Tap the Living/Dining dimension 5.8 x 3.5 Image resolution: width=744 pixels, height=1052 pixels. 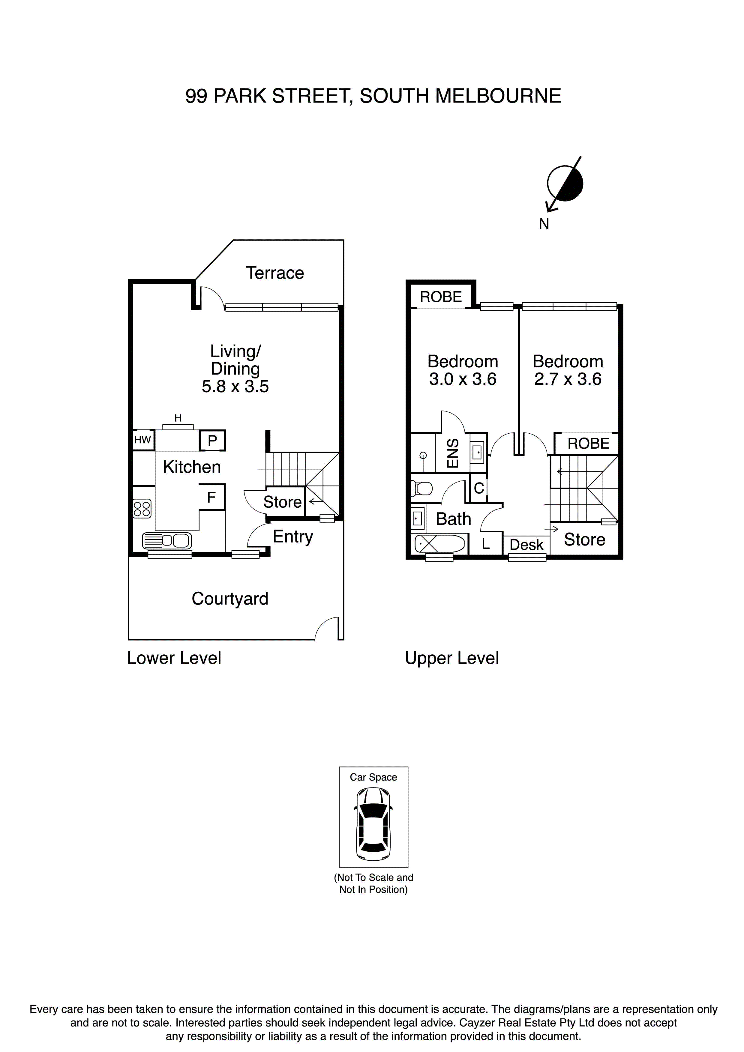(235, 386)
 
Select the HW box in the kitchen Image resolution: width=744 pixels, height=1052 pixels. (142, 440)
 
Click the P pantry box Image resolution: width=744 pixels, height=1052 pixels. (212, 441)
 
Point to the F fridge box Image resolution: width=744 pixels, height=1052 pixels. (211, 497)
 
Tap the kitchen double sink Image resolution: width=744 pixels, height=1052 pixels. (167, 541)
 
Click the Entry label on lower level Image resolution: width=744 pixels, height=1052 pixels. (292, 536)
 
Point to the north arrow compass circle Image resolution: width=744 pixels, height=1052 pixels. (565, 184)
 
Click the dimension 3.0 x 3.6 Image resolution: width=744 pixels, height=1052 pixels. (463, 379)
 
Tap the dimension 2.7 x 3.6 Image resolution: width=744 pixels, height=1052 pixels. (568, 379)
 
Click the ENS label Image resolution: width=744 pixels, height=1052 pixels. (452, 453)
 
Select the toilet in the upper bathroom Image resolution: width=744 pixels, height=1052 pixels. (422, 489)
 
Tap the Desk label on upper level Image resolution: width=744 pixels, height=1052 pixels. (526, 545)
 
